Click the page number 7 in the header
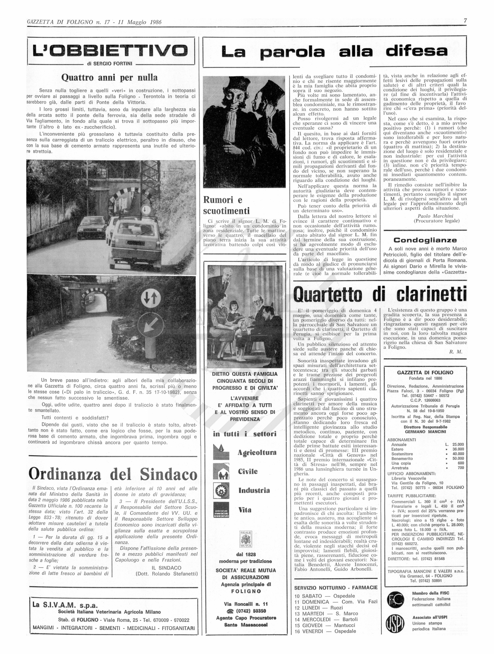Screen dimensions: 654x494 [465, 21]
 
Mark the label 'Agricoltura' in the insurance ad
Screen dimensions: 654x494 [257, 453]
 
